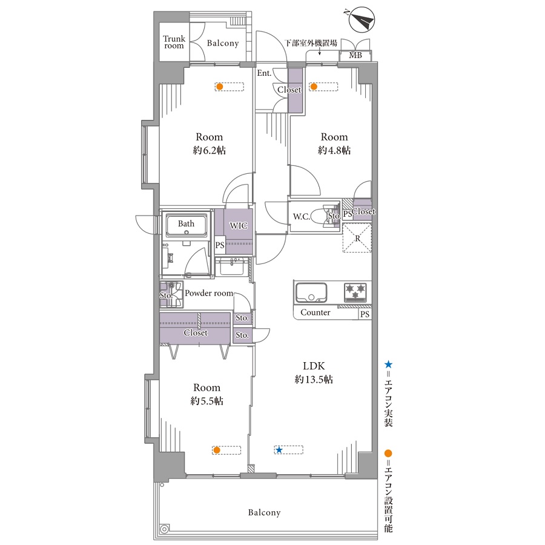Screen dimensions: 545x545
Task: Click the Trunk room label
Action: click(x=174, y=42)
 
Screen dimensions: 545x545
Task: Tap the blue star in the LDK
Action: click(x=279, y=450)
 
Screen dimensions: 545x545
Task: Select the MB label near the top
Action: click(x=355, y=55)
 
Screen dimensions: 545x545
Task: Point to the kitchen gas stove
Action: click(x=355, y=292)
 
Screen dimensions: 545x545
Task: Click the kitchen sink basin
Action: click(x=311, y=293)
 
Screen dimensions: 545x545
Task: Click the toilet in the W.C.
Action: click(x=320, y=217)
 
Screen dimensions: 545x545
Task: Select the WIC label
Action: click(x=239, y=226)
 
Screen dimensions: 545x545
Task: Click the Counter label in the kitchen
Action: click(x=315, y=312)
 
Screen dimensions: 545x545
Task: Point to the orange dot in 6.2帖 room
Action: click(x=219, y=86)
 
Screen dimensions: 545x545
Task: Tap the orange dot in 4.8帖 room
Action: click(x=314, y=86)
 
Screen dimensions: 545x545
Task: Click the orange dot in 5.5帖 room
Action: click(x=217, y=450)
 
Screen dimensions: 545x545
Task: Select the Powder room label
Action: click(x=209, y=293)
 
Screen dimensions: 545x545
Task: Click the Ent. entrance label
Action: click(x=264, y=73)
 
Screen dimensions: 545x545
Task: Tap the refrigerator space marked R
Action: click(x=357, y=238)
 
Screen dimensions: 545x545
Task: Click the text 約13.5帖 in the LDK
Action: click(x=314, y=379)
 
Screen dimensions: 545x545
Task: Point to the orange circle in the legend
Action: click(x=388, y=453)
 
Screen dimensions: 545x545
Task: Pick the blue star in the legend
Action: click(x=388, y=365)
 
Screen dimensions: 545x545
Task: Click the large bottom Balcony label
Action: click(x=264, y=513)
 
